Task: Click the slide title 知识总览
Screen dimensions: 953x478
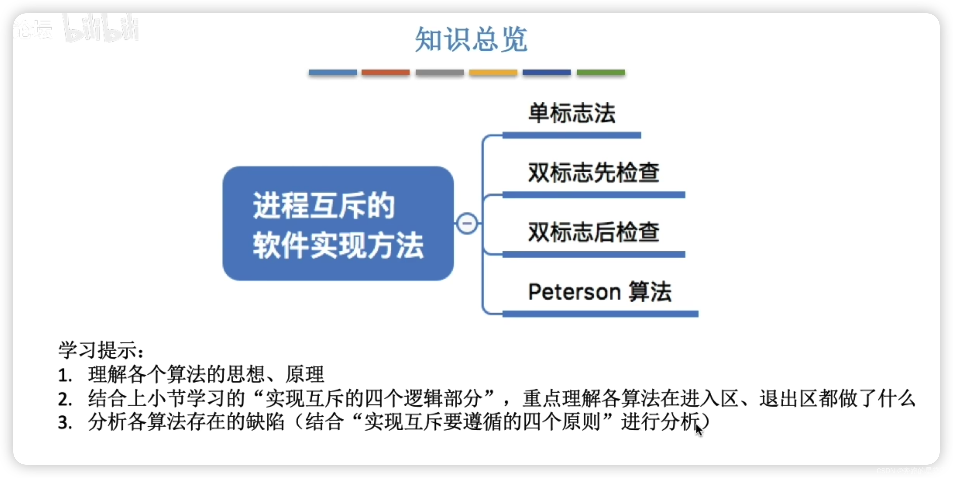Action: click(471, 39)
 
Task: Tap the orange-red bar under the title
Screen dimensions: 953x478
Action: click(385, 72)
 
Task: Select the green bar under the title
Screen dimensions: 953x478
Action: click(601, 72)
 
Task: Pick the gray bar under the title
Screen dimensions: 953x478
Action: click(439, 72)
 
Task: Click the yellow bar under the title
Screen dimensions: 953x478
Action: click(493, 72)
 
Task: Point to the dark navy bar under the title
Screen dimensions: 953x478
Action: click(546, 72)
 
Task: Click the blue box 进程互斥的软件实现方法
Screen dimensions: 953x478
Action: click(338, 223)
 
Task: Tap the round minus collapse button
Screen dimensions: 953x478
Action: click(467, 223)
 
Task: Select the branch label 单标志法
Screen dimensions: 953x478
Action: click(572, 113)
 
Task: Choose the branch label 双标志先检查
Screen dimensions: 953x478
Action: click(593, 172)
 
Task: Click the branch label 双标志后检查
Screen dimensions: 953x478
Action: click(593, 232)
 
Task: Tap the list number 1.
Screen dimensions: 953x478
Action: click(64, 375)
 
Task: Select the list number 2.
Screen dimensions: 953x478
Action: click(64, 399)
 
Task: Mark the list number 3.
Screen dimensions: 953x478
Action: click(64, 422)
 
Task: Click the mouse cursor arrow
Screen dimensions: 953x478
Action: click(698, 430)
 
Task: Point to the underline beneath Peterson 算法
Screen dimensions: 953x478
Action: click(600, 314)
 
